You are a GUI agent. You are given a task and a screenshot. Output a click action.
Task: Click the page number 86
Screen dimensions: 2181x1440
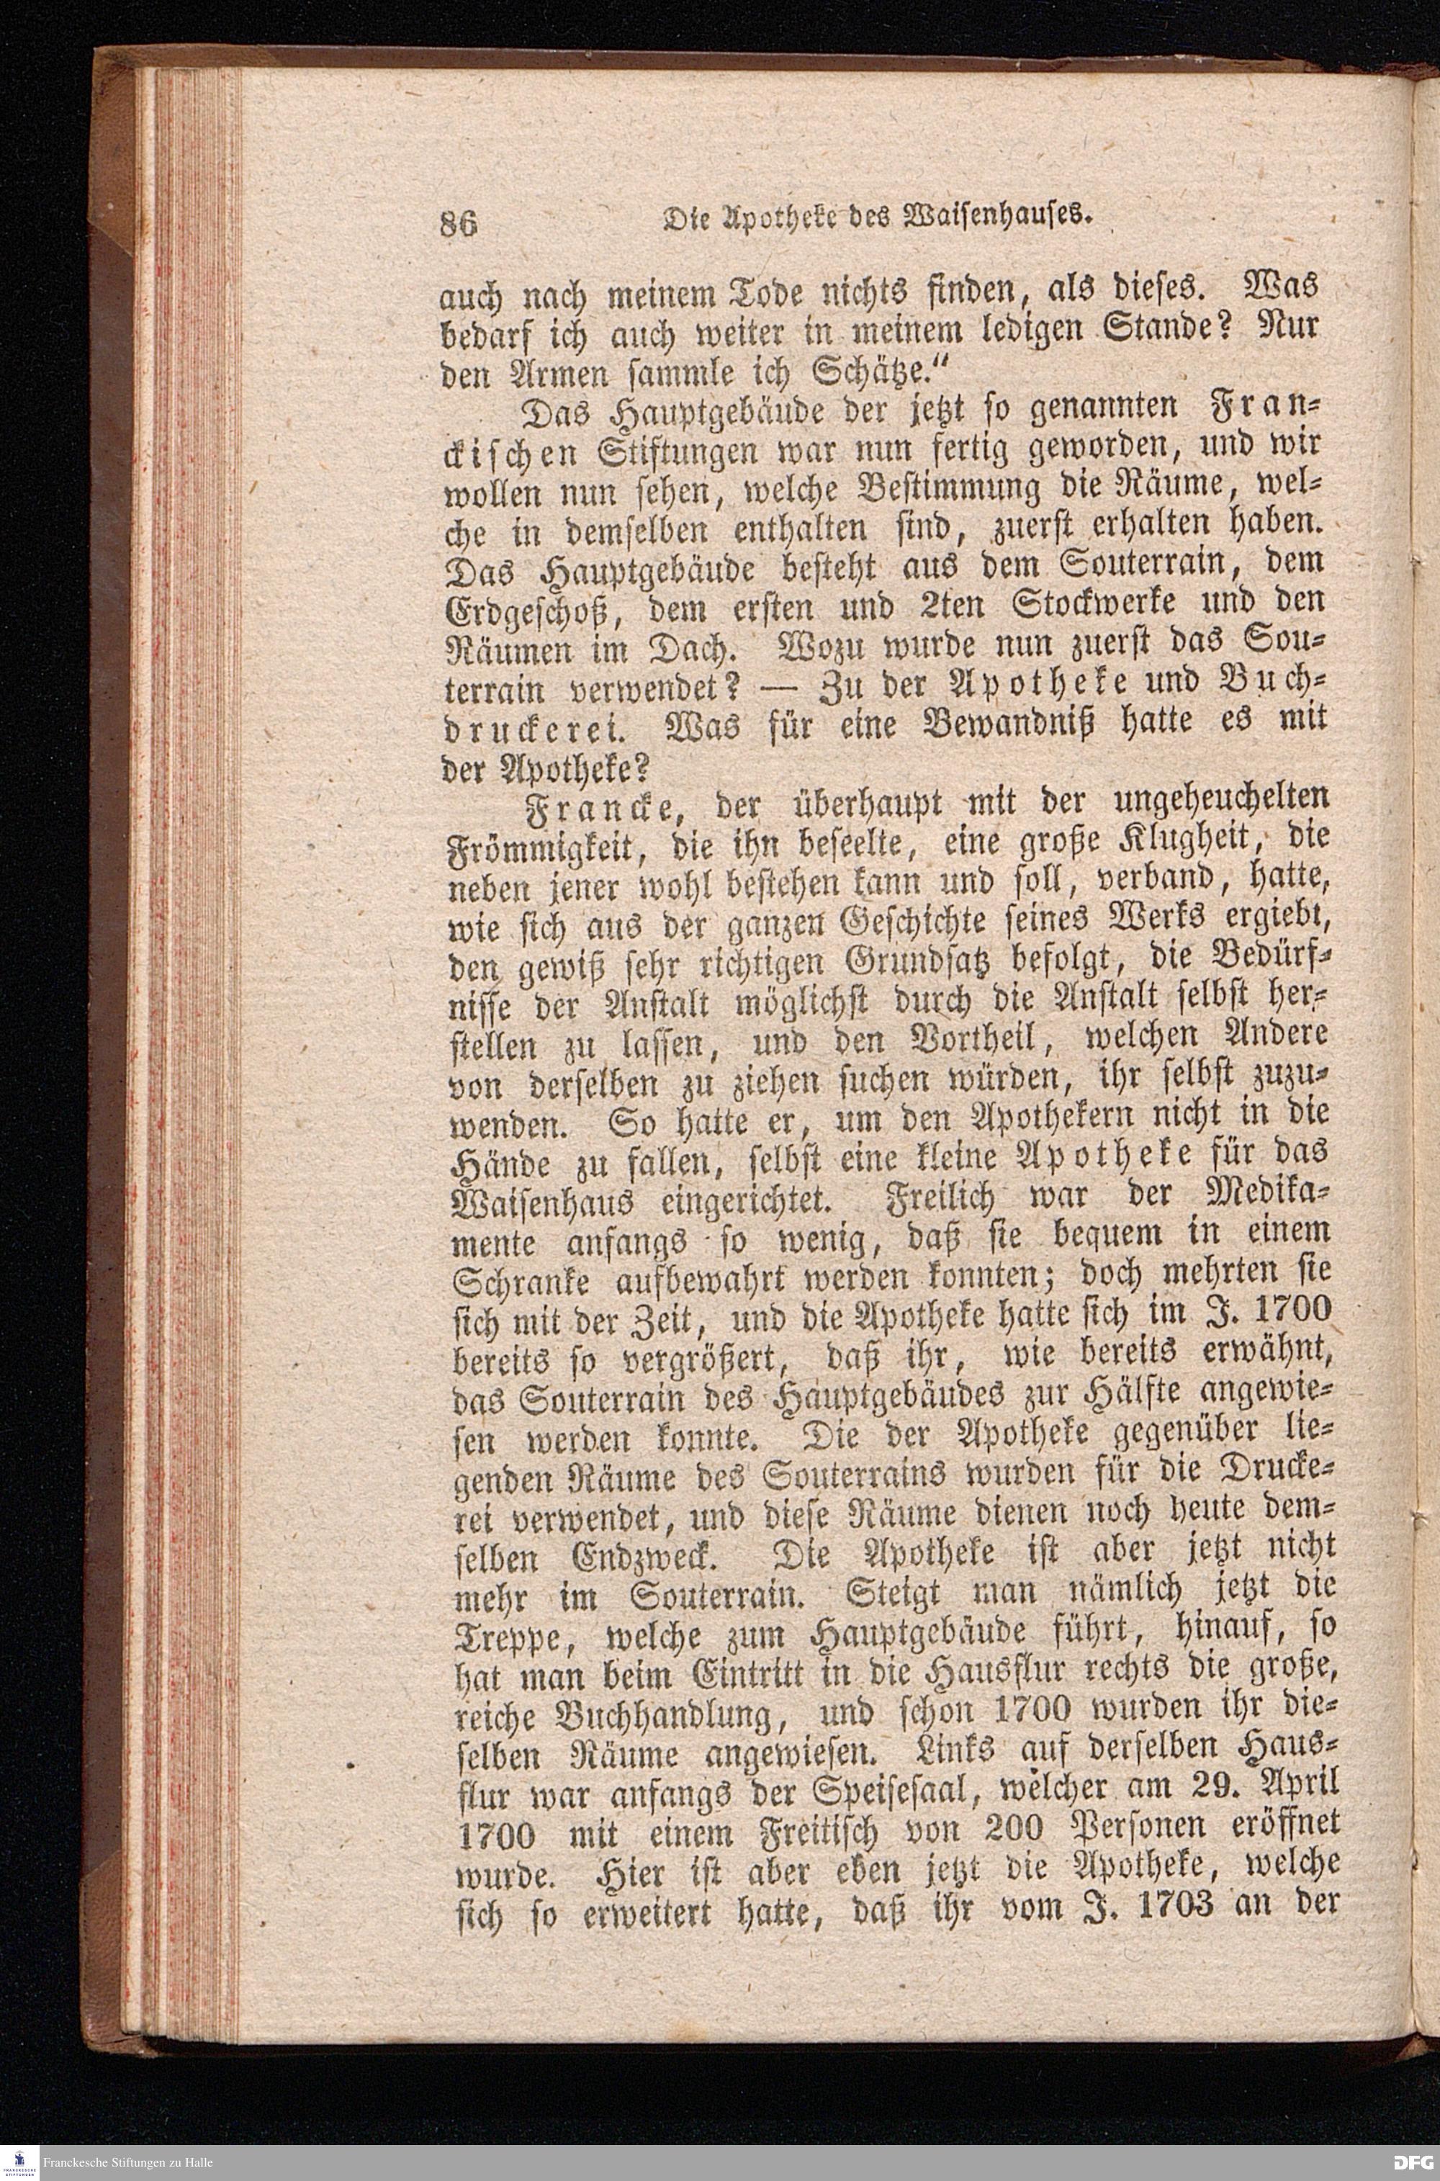click(459, 222)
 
